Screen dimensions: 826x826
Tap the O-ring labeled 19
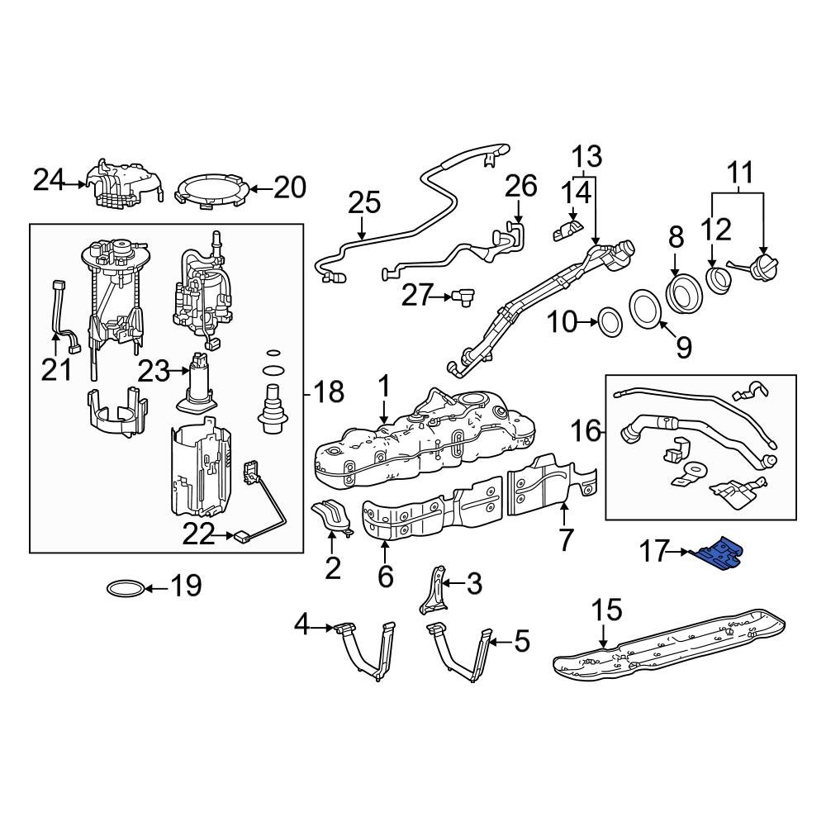coord(125,588)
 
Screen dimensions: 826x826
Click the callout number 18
coord(329,392)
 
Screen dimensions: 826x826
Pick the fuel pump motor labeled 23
coord(198,384)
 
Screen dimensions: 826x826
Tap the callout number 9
coord(684,347)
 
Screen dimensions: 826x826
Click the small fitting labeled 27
coord(458,296)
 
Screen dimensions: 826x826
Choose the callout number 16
coord(587,430)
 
